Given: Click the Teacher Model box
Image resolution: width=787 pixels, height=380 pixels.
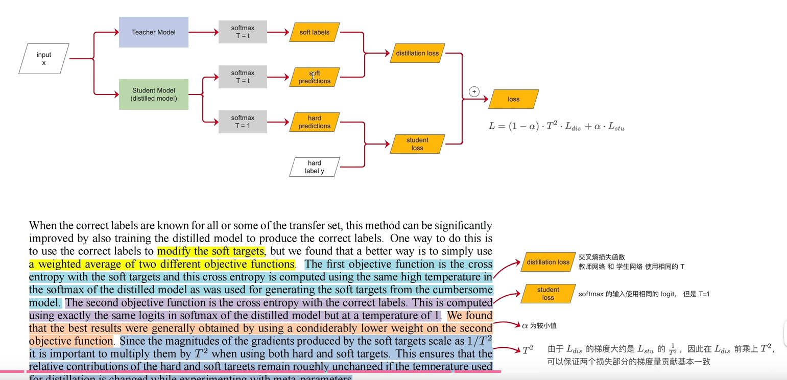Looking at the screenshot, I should click(x=153, y=32).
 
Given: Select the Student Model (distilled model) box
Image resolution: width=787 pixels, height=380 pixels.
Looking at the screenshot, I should click(x=153, y=94).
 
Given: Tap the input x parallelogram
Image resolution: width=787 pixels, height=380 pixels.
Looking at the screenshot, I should click(x=44, y=59).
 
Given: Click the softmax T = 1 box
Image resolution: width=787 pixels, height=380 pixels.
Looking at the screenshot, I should click(x=243, y=122).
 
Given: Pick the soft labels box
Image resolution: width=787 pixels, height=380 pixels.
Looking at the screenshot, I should click(x=315, y=32).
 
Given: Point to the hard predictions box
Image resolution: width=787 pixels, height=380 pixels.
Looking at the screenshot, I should click(x=315, y=122).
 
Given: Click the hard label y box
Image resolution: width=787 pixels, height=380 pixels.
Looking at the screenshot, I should click(x=315, y=167).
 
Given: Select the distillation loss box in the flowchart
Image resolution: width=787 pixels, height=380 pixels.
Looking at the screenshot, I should click(x=417, y=53).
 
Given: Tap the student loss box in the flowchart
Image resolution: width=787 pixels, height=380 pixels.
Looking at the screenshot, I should click(x=417, y=144).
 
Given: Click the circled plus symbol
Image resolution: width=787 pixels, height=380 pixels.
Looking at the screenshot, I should click(x=474, y=91).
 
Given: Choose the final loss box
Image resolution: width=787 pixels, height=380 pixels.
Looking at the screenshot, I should click(x=513, y=99).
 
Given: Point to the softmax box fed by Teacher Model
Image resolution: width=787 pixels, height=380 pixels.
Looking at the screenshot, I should click(x=243, y=32).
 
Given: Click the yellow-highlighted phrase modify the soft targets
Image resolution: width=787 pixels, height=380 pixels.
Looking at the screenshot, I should click(x=211, y=251).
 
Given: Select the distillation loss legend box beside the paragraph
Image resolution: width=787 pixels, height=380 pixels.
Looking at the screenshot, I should click(x=548, y=262).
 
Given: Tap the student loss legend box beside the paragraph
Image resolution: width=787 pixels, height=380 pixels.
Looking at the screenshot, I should click(x=548, y=294).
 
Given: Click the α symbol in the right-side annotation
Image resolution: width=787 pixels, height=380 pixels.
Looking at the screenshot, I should click(x=524, y=325).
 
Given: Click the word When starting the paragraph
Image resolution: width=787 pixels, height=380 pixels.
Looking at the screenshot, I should click(x=41, y=226).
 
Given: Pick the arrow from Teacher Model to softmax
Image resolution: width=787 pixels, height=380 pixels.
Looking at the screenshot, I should click(x=203, y=32).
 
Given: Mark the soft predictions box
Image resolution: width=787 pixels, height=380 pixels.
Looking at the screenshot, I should click(x=315, y=77).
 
